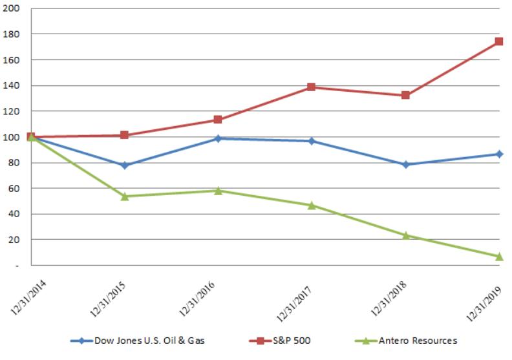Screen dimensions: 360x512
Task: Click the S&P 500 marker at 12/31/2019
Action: click(x=499, y=41)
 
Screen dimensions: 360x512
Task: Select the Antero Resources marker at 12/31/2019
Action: click(x=499, y=257)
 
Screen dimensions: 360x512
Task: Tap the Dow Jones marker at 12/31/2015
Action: click(x=125, y=165)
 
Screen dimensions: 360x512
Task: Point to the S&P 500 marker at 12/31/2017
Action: click(x=312, y=87)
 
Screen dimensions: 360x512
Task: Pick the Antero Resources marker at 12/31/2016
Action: click(x=219, y=191)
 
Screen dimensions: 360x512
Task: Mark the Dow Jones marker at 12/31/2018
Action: click(x=405, y=165)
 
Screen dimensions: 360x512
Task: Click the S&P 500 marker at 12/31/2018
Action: click(x=405, y=95)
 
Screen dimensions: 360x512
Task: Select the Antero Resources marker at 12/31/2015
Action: click(x=125, y=196)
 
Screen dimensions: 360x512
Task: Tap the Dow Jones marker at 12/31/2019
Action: click(x=499, y=154)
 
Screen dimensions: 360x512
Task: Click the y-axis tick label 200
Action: click(x=12, y=8)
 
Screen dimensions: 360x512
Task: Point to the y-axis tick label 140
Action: click(x=12, y=85)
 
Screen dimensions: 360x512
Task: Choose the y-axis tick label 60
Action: click(x=14, y=188)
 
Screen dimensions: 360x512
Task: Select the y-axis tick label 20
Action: click(x=14, y=240)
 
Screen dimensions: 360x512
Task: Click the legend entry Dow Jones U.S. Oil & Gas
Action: click(x=143, y=341)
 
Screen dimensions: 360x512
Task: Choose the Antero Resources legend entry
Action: click(x=401, y=341)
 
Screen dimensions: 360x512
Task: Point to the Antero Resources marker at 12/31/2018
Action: click(x=405, y=235)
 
